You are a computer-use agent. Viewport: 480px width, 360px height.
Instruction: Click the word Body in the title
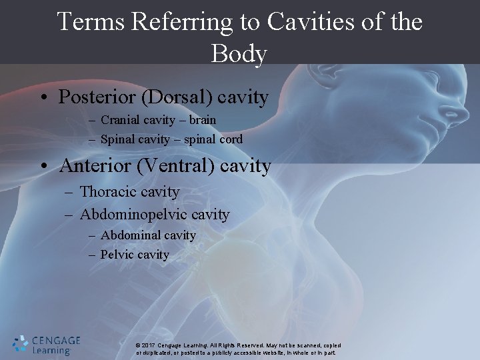click(239, 53)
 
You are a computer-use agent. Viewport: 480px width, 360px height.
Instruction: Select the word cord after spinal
click(229, 140)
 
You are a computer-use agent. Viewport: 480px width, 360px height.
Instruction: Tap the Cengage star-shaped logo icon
click(20, 343)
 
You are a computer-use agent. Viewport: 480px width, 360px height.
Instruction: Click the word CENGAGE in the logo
click(55, 341)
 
